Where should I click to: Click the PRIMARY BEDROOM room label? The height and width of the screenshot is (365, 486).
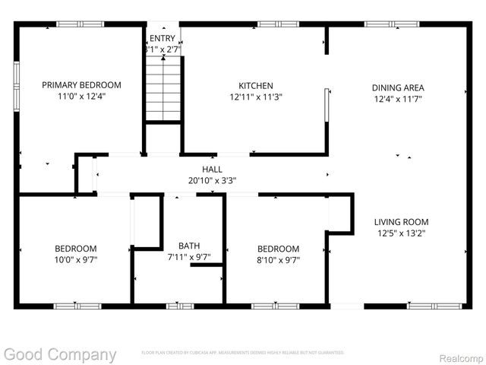tap(81, 85)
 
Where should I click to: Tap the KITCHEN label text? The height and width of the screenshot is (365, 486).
tap(256, 86)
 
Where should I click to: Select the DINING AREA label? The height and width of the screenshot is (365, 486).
tap(397, 87)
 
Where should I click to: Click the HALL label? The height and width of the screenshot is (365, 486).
tap(212, 169)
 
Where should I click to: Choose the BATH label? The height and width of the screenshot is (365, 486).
tap(189, 246)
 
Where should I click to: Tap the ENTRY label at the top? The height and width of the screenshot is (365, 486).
tap(163, 38)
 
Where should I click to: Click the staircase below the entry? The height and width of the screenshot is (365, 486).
tap(164, 90)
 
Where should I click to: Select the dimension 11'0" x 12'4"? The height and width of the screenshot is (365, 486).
tap(81, 97)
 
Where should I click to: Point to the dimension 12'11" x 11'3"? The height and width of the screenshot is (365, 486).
tap(256, 98)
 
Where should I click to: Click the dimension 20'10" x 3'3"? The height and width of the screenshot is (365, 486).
tap(212, 181)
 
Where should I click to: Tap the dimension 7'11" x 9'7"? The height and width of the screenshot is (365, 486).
tap(189, 257)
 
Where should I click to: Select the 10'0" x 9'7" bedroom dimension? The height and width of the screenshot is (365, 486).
tap(75, 260)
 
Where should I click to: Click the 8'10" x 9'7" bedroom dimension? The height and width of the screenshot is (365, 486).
tap(278, 260)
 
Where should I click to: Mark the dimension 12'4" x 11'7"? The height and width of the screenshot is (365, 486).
tap(397, 100)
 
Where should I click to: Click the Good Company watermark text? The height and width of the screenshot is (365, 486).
tap(60, 354)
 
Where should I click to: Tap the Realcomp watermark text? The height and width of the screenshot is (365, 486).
tap(461, 355)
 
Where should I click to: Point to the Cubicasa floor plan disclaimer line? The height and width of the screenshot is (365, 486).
tap(243, 353)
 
